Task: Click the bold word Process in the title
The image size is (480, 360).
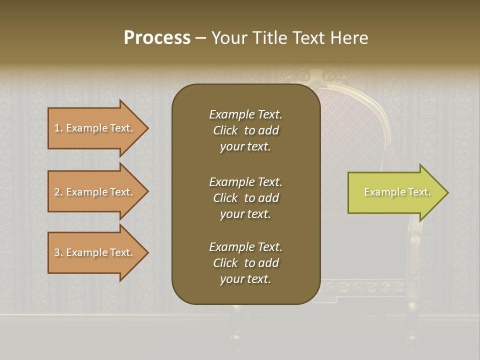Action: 157,38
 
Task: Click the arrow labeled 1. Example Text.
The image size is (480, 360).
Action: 95,128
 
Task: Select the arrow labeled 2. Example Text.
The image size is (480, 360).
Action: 95,192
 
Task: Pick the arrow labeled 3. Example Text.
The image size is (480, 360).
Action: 95,252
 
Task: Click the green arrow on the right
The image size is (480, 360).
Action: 395,192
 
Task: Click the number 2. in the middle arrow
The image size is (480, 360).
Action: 58,192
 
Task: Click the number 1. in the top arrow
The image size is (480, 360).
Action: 58,128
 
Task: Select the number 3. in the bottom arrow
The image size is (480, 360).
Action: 58,252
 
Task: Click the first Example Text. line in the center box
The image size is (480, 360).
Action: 245,114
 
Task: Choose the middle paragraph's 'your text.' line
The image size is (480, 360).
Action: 245,214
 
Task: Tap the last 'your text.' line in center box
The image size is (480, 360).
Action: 245,279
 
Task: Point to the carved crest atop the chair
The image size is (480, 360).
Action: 315,76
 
